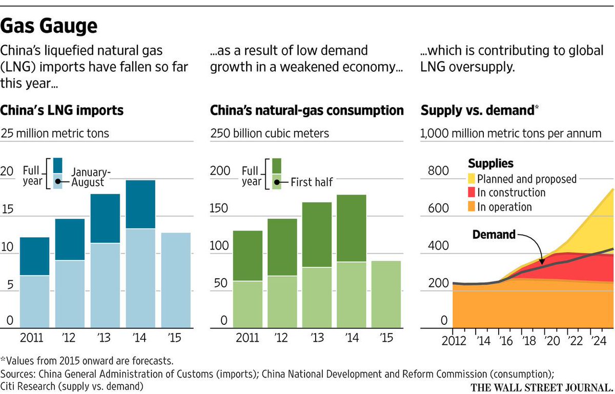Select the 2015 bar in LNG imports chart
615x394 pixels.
pyautogui.click(x=176, y=280)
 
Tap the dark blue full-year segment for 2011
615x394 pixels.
pyautogui.click(x=35, y=256)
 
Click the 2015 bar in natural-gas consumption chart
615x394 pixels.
pyautogui.click(x=386, y=294)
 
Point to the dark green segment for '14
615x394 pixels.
pyautogui.click(x=351, y=228)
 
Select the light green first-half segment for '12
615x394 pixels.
pyautogui.click(x=282, y=301)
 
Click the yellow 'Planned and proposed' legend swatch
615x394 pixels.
pyautogui.click(x=471, y=179)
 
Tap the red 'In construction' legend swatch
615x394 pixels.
pyautogui.click(x=471, y=193)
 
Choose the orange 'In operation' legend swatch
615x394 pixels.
pyautogui.click(x=471, y=206)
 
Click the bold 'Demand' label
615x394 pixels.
pyautogui.click(x=494, y=235)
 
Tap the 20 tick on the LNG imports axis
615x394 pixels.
pyautogui.click(x=7, y=171)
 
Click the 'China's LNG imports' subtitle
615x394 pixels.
pyautogui.click(x=62, y=110)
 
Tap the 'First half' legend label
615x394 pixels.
pyautogui.click(x=312, y=181)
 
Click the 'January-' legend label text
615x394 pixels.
pyautogui.click(x=91, y=172)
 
